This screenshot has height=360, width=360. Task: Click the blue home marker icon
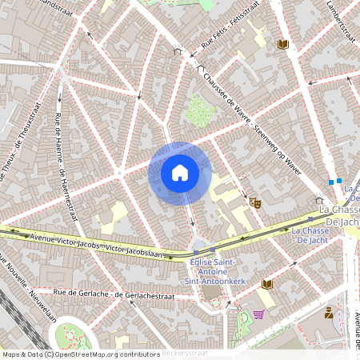180,172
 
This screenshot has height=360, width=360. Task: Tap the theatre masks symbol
254,203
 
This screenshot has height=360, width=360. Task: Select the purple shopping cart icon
258,314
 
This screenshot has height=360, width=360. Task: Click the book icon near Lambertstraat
282,44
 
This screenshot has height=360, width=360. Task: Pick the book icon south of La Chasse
267,284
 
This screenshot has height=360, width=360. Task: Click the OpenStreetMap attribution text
81,354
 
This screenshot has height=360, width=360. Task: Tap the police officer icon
328,312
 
